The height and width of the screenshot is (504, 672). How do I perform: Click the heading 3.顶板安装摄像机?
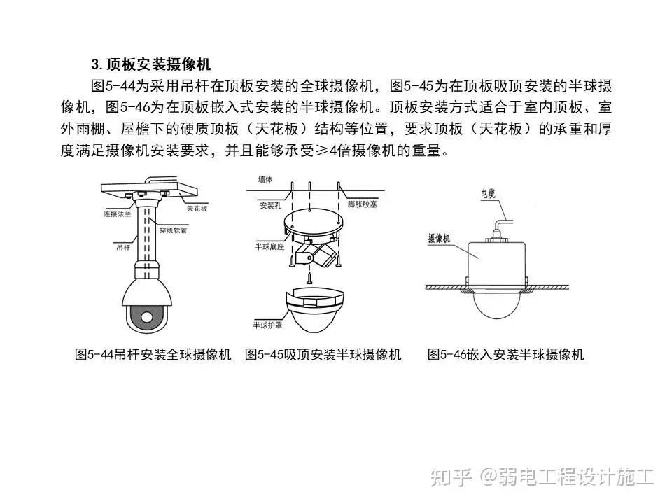tap(150, 64)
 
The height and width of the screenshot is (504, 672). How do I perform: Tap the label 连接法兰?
tap(117, 214)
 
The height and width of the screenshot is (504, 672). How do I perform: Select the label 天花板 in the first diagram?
tap(197, 209)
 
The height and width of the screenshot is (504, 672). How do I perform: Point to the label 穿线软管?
tap(173, 230)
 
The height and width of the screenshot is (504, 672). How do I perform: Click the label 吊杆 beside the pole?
tap(123, 247)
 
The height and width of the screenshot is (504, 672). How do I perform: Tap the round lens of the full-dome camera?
tap(146, 316)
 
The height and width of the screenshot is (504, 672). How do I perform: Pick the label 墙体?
tap(265, 180)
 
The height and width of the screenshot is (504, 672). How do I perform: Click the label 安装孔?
tap(270, 205)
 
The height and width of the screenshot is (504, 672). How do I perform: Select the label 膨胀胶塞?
tap(362, 204)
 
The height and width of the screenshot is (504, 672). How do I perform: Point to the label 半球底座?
tap(269, 246)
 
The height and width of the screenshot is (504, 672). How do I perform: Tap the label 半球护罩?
tap(267, 325)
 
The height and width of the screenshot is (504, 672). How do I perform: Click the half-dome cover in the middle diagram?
tap(315, 311)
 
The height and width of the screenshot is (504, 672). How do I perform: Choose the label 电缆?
tap(488, 194)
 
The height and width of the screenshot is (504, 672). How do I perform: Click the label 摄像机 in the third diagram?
tap(439, 238)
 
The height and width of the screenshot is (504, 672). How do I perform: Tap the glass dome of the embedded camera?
tap(497, 305)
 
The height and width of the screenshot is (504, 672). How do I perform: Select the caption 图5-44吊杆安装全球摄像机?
tap(153, 354)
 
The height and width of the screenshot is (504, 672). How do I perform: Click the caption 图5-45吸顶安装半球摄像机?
tap(323, 354)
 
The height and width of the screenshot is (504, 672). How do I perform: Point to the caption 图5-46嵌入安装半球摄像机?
tap(505, 354)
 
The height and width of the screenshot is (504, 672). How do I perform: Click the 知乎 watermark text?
tap(451, 477)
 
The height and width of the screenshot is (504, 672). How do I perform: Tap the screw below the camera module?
tap(309, 277)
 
